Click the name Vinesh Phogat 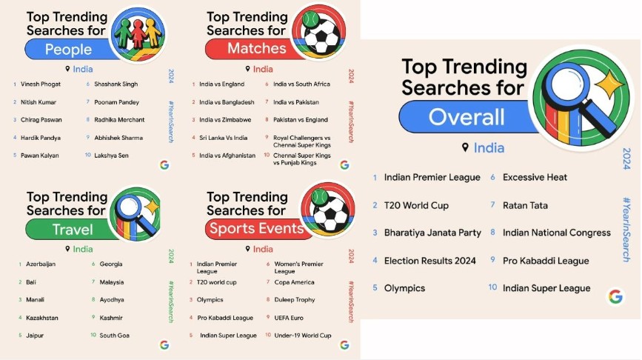click(41, 84)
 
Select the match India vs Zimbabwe click(225, 120)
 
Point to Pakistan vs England click(301, 120)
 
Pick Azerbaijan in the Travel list click(41, 264)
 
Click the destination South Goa click(114, 336)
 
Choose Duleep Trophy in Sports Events click(295, 300)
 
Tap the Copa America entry click(294, 282)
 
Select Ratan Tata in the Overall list click(525, 206)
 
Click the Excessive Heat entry click(535, 177)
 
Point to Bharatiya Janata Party click(432, 233)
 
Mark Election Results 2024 click(430, 261)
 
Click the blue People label click(68, 50)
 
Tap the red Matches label click(257, 48)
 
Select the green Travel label click(72, 230)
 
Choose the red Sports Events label click(257, 229)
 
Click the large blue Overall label click(467, 118)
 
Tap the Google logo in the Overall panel click(615, 296)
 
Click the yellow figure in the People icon click(153, 33)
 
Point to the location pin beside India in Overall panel click(465, 147)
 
